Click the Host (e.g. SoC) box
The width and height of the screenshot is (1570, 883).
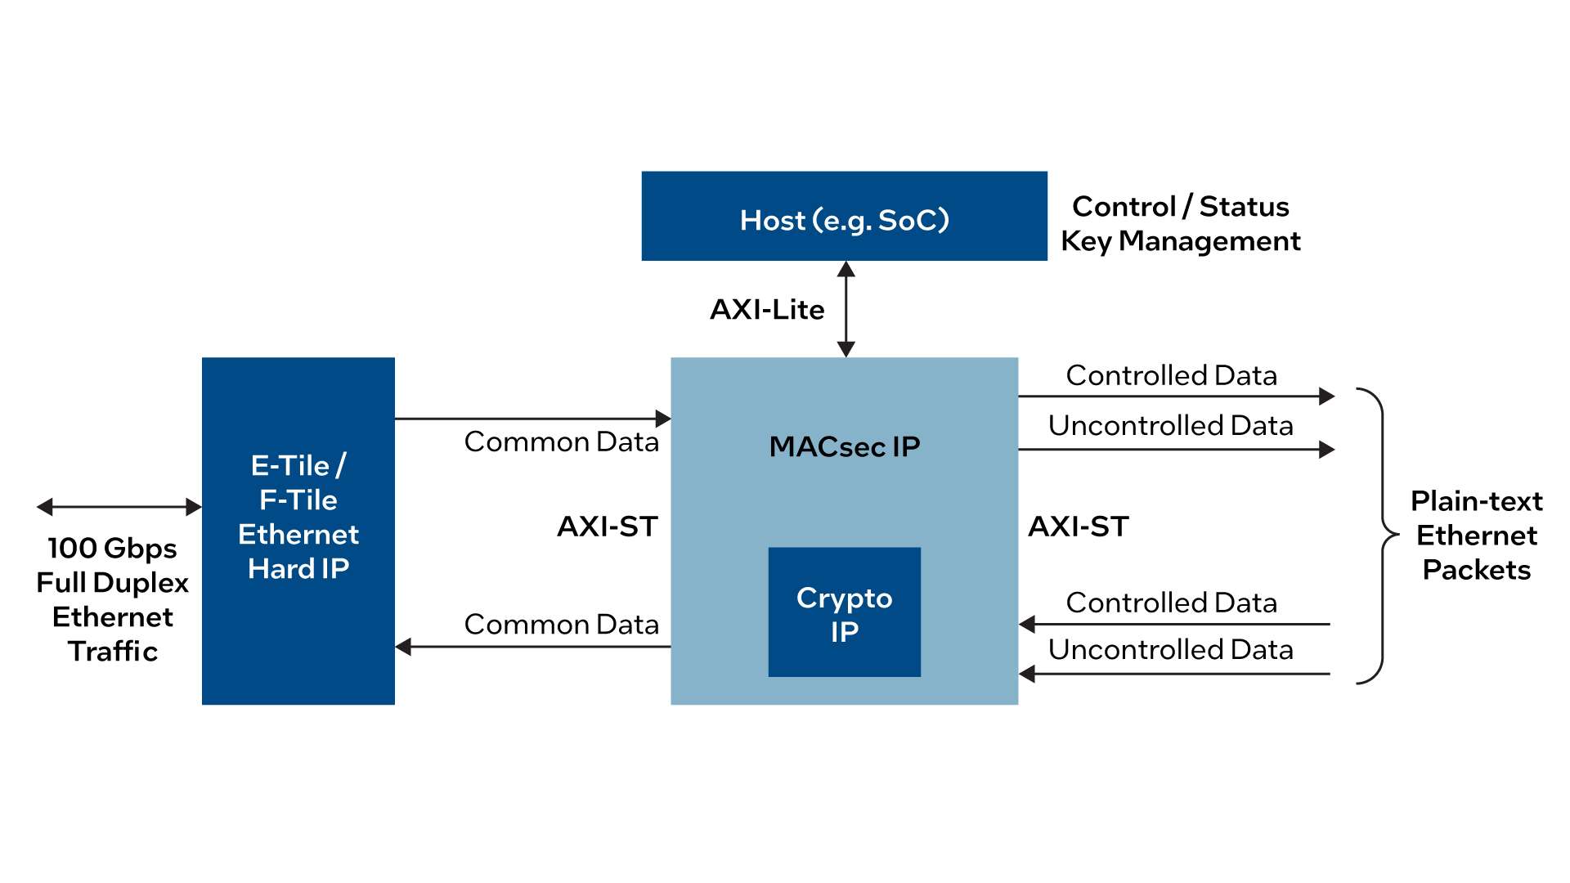(844, 216)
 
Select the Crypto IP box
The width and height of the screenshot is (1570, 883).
(844, 612)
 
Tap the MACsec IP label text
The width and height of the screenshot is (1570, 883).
(844, 446)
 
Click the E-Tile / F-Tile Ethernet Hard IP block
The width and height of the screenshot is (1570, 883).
(298, 530)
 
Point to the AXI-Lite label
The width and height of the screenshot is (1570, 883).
(767, 309)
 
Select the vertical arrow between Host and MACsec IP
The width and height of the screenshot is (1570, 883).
(846, 309)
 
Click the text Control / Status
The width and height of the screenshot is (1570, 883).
(1180, 206)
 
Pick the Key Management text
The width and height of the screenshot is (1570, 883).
(1180, 241)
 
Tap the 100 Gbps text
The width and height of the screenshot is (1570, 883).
(112, 548)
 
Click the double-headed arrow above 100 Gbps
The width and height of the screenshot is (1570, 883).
(119, 507)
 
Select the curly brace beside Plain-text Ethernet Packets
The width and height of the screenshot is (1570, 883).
(1381, 536)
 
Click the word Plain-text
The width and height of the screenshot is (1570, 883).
(1476, 500)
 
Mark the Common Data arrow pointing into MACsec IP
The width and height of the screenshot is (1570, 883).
(532, 419)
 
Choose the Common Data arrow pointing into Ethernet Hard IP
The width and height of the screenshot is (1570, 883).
(532, 647)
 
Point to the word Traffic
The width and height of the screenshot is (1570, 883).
(112, 651)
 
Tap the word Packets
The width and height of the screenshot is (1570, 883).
(1476, 570)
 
